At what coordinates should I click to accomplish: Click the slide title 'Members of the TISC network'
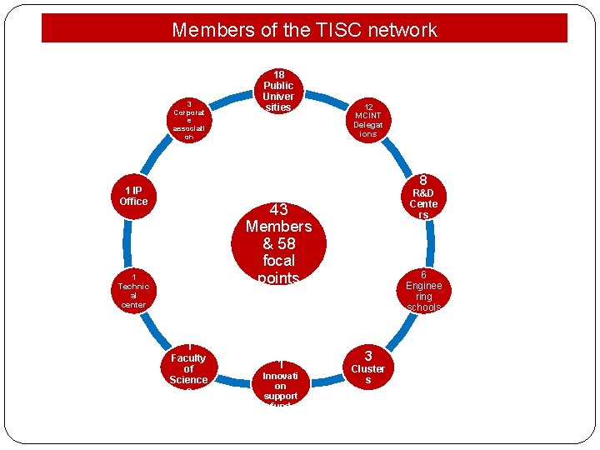tap(304, 30)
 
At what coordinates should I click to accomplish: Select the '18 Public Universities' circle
tap(278, 91)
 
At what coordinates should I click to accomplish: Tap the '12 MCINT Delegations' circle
tap(367, 120)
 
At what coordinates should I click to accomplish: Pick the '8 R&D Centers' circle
tap(423, 198)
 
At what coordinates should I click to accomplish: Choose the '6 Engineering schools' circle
tap(423, 291)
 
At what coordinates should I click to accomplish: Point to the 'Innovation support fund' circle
tap(279, 385)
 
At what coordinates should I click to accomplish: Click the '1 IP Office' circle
tap(133, 197)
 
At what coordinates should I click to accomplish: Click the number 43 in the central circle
tap(278, 209)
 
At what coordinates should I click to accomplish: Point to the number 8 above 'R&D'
tap(423, 180)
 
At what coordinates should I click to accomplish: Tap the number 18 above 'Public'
tap(278, 74)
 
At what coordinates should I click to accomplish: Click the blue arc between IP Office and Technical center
tap(126, 244)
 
